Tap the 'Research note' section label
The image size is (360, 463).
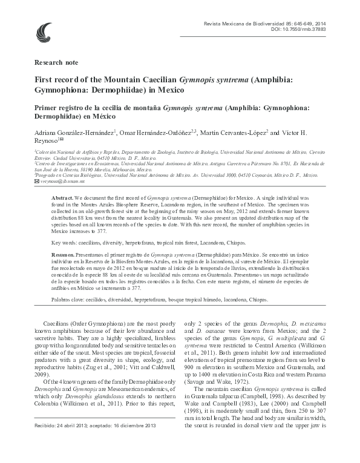tap(56, 62)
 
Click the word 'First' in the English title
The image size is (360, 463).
tap(44, 79)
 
